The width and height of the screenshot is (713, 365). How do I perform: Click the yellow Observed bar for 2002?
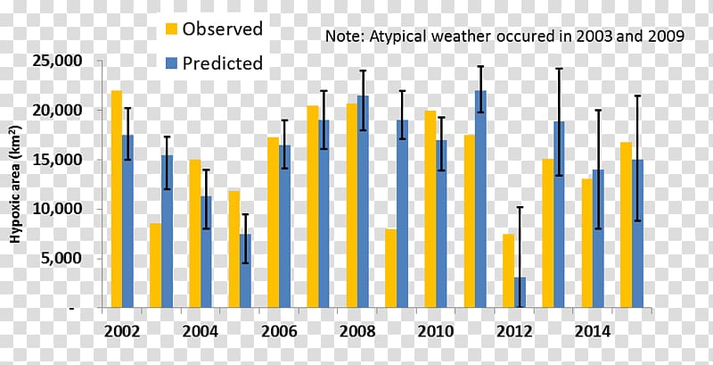pos(117,199)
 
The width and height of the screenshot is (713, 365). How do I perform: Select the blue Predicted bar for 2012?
pos(520,292)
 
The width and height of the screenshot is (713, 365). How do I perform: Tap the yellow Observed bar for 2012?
pos(508,270)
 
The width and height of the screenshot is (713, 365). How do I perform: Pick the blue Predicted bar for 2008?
pos(363,202)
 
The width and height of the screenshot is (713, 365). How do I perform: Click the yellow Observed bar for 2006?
pos(274,222)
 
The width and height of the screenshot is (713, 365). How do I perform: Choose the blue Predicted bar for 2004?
pos(206,252)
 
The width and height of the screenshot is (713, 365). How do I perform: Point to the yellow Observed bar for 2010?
pos(430,210)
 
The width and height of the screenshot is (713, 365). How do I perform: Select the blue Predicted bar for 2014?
pos(598,238)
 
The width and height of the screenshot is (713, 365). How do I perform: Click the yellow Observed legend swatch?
pos(171,29)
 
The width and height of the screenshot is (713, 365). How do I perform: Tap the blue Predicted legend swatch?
pos(171,62)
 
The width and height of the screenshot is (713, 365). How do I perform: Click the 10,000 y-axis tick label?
pos(63,209)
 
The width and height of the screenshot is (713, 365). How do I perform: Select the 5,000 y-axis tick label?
pos(68,258)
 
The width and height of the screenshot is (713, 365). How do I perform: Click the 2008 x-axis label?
pos(357,332)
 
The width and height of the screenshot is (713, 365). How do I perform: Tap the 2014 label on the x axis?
pos(592,332)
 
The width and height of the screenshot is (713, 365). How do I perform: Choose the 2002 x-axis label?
pos(122,332)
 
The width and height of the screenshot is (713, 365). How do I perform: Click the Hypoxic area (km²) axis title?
pos(16,184)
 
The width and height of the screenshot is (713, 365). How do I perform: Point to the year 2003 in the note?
pos(594,36)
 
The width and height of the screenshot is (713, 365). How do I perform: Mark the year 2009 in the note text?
pos(666,36)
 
